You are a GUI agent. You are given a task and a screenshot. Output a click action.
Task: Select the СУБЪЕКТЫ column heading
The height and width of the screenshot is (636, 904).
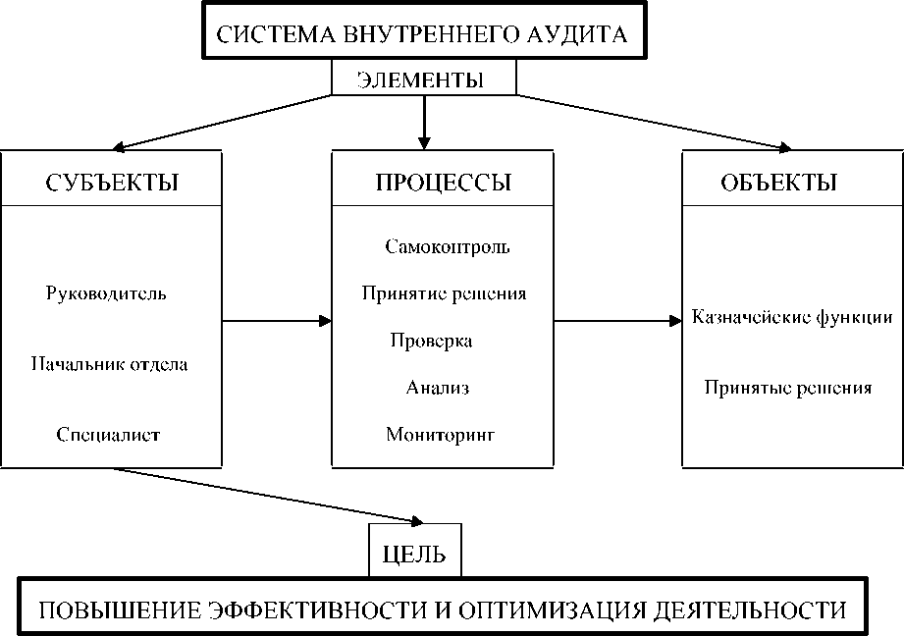(112, 183)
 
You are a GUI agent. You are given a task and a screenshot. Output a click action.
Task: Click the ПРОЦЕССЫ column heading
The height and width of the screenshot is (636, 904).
(444, 183)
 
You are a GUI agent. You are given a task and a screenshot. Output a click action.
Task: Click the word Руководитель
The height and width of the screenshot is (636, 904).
(106, 293)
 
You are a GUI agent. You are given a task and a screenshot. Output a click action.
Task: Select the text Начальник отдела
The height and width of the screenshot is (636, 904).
(109, 364)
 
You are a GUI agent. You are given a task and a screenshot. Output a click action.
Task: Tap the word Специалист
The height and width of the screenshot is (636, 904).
(108, 434)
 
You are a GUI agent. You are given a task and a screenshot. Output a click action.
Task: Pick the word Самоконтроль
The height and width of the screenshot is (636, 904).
(448, 246)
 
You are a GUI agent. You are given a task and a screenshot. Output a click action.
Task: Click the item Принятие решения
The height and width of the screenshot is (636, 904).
(444, 293)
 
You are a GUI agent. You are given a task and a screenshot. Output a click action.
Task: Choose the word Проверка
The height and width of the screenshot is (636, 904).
(431, 341)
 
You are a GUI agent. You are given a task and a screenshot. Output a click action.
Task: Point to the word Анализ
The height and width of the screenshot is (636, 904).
(438, 388)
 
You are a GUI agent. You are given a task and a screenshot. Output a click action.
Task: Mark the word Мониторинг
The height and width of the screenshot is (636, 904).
(441, 434)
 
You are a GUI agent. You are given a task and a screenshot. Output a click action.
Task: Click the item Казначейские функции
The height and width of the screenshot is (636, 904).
(791, 317)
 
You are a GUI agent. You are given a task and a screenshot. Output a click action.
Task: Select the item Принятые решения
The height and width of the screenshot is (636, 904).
(788, 388)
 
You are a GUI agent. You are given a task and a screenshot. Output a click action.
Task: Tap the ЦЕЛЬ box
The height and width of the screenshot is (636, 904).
(413, 555)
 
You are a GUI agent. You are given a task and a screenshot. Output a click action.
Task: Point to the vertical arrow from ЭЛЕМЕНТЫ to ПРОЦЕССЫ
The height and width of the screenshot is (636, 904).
(424, 121)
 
